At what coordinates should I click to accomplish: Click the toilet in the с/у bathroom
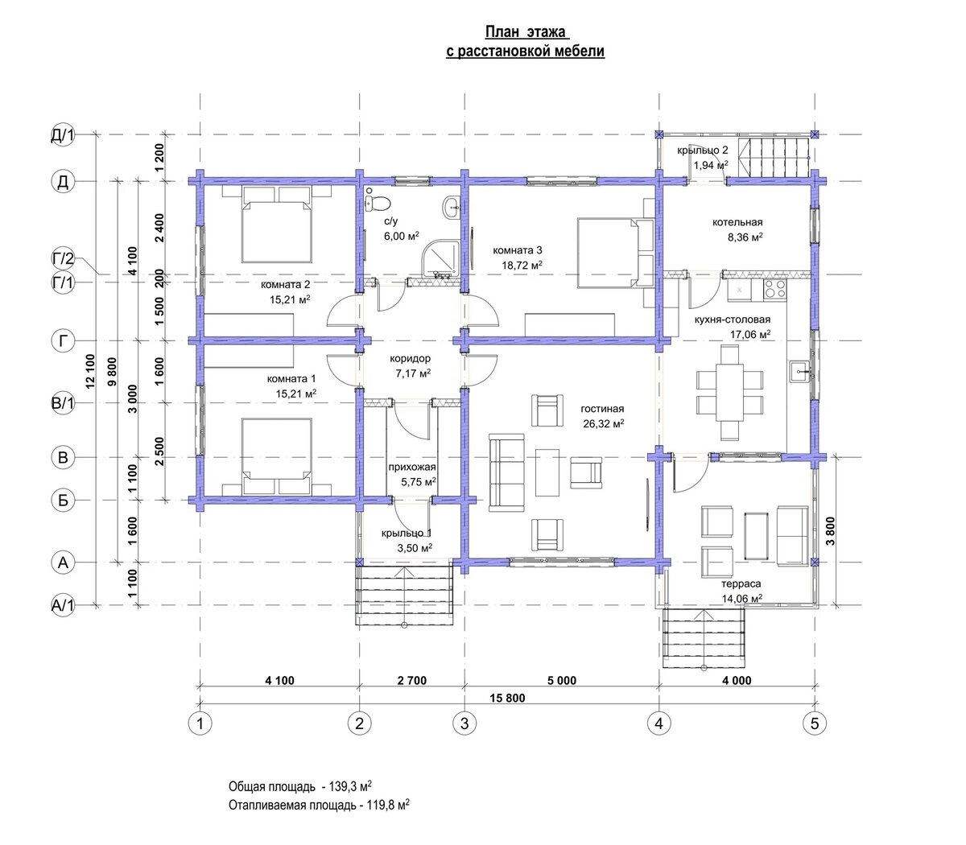click(378, 204)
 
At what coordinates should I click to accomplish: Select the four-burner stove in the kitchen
click(774, 290)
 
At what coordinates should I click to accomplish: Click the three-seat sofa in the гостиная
click(506, 472)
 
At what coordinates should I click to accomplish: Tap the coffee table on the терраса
click(757, 536)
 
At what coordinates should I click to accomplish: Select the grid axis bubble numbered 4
click(659, 723)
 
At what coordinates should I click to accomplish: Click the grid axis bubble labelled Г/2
click(63, 258)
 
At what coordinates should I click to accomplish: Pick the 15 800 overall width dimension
click(507, 698)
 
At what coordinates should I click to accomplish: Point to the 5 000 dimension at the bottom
click(562, 680)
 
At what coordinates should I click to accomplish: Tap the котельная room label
click(737, 222)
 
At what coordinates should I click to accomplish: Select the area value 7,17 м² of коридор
click(413, 373)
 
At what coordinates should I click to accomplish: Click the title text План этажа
click(526, 32)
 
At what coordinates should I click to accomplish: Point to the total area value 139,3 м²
click(349, 786)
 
